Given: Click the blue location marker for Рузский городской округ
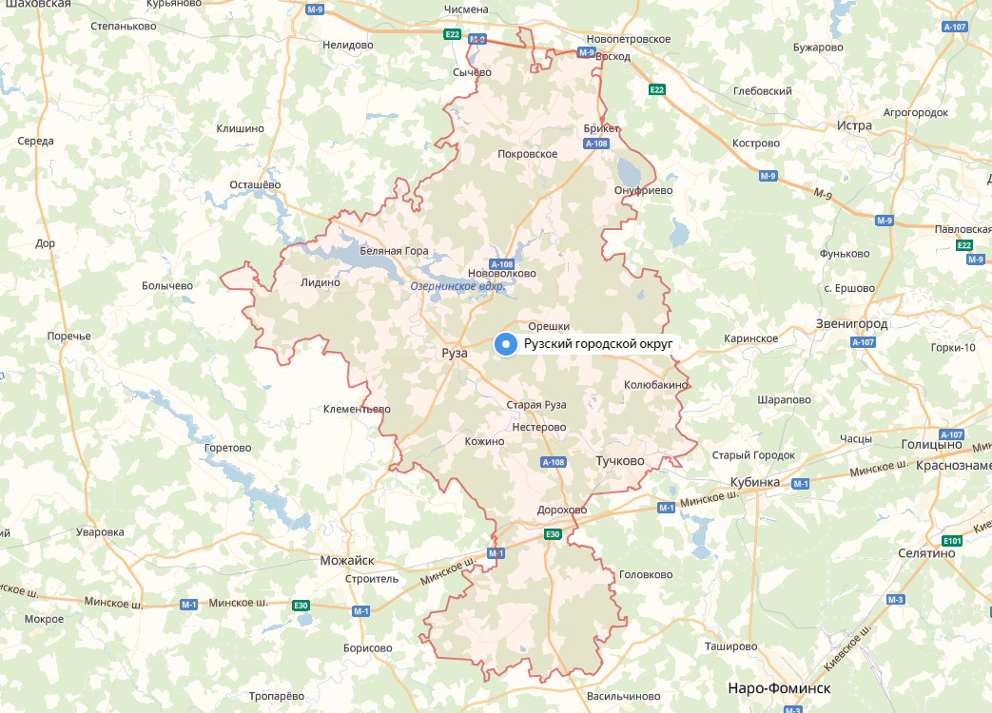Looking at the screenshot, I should point(507,345).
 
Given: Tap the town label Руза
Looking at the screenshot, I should point(456,353).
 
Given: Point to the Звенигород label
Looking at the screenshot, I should point(851,324).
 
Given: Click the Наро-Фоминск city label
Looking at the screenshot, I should point(778,687).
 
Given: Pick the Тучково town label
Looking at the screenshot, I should point(619,461).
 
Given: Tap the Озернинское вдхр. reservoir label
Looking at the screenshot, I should point(457,286).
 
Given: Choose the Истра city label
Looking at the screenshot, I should point(854,125).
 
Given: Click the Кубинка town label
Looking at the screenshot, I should point(755,482).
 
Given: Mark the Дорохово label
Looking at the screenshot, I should point(561,510).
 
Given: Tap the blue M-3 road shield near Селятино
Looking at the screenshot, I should point(894,600).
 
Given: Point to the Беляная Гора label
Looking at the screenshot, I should point(394,252).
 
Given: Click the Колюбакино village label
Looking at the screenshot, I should point(655,385).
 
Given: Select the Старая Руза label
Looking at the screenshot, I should point(535,405).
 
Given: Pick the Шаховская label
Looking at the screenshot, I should point(36,5).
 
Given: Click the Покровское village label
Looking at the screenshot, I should point(527,154).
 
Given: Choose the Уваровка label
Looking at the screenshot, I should point(100,532).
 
